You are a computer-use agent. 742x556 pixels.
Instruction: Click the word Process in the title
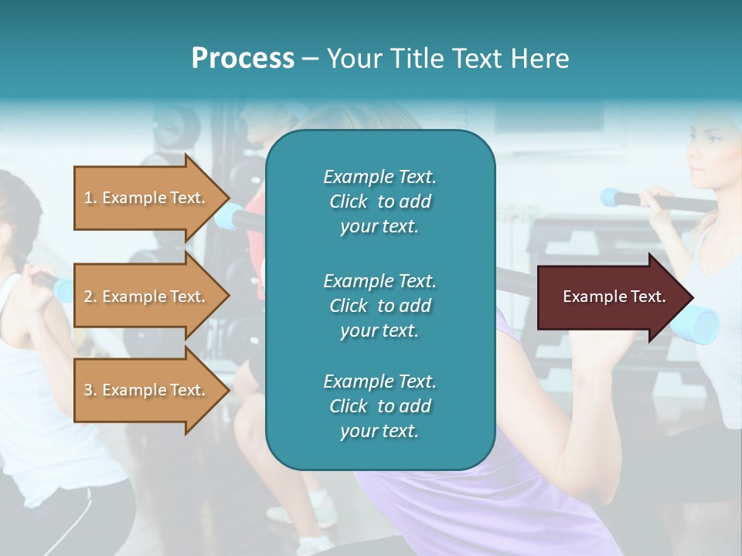[243, 59]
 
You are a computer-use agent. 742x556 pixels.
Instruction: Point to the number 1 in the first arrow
[88, 198]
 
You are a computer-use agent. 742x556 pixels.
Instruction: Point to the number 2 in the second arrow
[88, 297]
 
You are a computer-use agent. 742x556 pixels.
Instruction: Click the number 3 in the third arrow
[88, 390]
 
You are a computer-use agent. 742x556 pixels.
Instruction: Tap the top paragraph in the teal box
[380, 202]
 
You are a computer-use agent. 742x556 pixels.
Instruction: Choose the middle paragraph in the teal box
[380, 306]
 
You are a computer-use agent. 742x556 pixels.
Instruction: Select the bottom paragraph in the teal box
[380, 406]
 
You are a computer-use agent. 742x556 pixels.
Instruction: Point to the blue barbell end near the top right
[613, 197]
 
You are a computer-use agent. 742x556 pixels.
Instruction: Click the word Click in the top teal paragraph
[348, 202]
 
